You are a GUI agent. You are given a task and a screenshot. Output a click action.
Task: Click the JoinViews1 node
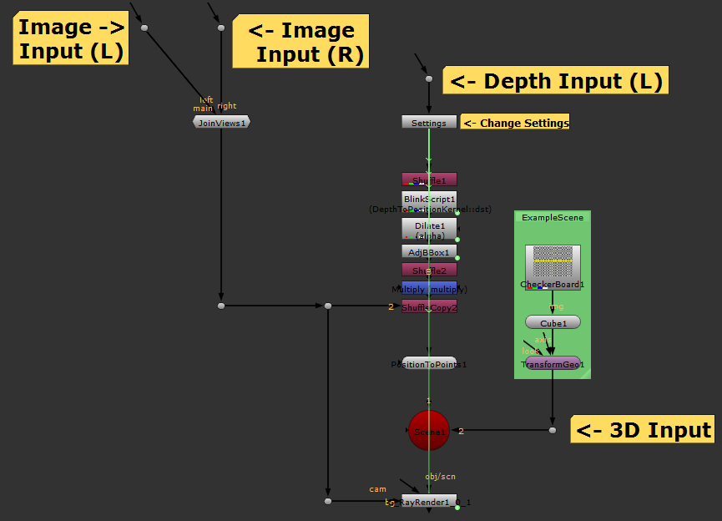tap(221, 122)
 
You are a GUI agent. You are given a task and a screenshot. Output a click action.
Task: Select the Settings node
tap(429, 122)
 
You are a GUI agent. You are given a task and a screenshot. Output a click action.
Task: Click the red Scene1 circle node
tap(429, 431)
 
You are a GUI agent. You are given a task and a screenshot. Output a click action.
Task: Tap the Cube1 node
tap(553, 322)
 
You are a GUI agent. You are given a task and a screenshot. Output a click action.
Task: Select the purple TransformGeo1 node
tap(553, 363)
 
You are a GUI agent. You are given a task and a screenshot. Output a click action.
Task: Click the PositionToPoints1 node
tap(429, 363)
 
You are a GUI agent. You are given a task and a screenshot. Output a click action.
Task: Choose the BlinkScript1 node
tap(429, 199)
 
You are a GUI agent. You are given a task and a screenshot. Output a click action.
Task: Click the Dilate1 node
tap(429, 225)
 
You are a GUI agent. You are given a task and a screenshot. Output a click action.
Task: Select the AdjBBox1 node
tap(429, 251)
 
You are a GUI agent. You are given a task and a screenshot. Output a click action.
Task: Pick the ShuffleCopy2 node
tap(429, 306)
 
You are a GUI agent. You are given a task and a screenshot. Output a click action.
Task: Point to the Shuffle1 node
tap(429, 180)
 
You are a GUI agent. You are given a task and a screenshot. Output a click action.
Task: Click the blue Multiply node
tap(429, 288)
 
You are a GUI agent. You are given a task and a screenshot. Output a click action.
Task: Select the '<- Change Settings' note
tap(515, 123)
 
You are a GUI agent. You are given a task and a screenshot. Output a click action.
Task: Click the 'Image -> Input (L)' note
tap(72, 39)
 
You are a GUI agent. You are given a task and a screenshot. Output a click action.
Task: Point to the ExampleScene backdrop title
tap(553, 217)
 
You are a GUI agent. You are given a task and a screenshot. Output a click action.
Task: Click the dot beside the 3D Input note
tap(553, 430)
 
